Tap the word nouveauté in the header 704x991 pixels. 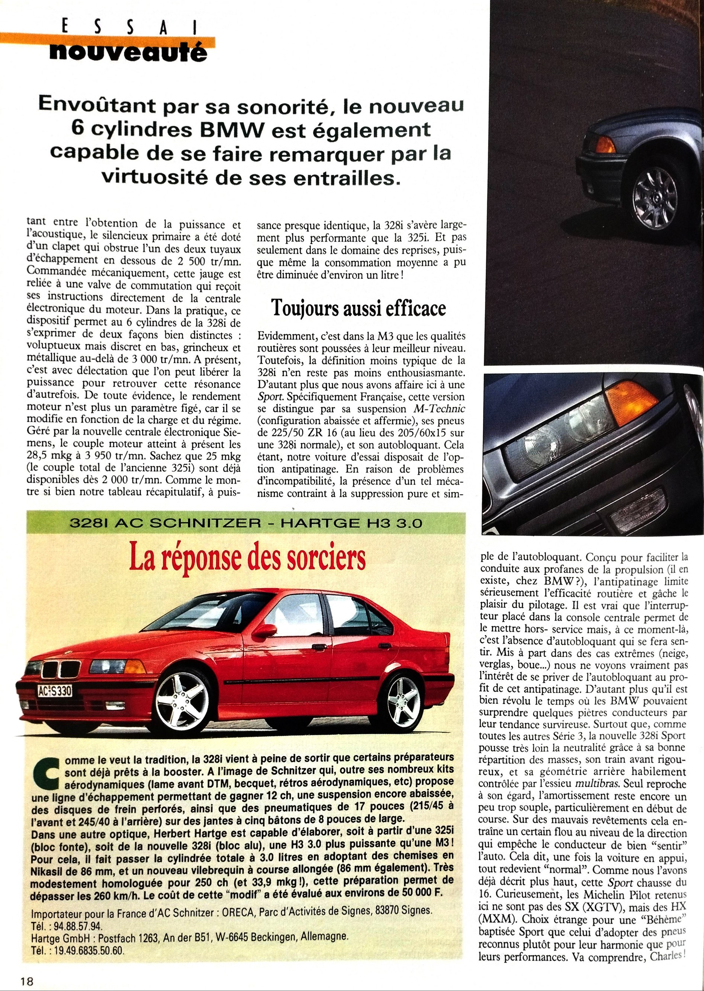click(128, 52)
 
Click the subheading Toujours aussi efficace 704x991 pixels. click(359, 308)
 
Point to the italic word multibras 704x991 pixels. click(599, 784)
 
